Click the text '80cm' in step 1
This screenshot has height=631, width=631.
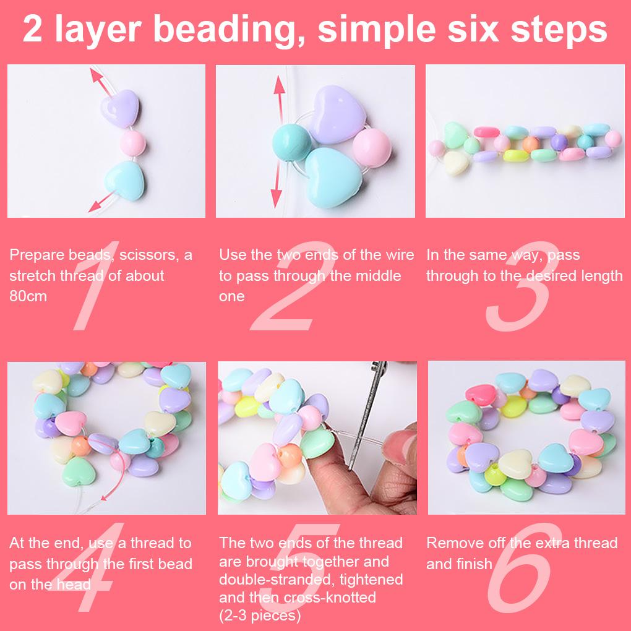(x=28, y=296)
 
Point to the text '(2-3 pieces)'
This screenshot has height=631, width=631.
(x=260, y=616)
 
